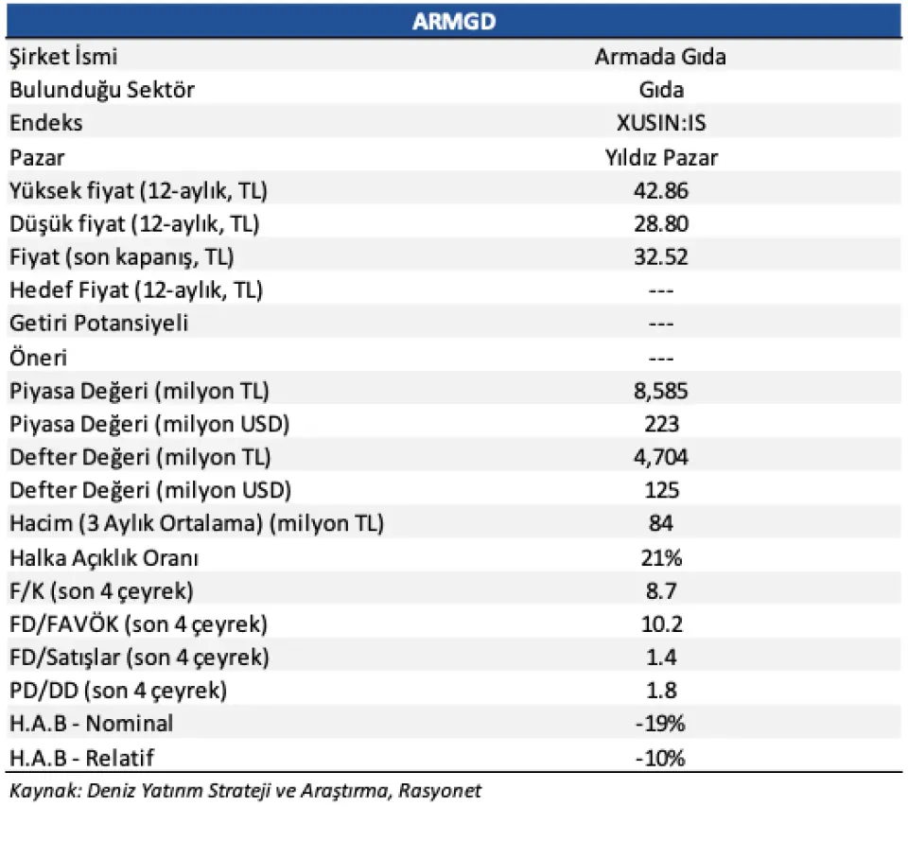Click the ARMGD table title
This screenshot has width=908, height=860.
454,22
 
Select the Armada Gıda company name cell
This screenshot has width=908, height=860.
660,57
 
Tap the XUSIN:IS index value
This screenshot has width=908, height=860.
661,123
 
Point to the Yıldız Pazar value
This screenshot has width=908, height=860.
661,157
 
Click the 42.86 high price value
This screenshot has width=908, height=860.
661,190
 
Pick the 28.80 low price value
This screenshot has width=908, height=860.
661,223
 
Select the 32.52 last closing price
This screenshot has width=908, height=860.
661,256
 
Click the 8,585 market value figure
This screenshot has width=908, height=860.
661,391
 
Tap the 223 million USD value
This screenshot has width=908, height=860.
661,424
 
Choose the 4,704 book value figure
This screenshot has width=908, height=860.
661,457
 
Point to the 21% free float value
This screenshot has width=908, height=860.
661,557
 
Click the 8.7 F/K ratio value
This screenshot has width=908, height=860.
661,590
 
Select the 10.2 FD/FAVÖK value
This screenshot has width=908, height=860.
661,623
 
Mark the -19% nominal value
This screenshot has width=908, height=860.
660,724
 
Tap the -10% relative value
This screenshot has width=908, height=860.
660,758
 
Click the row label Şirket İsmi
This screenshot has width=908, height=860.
63,57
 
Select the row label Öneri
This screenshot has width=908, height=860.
38,358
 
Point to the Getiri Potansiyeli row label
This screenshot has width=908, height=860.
99,324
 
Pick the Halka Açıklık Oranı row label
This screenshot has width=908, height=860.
104,558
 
